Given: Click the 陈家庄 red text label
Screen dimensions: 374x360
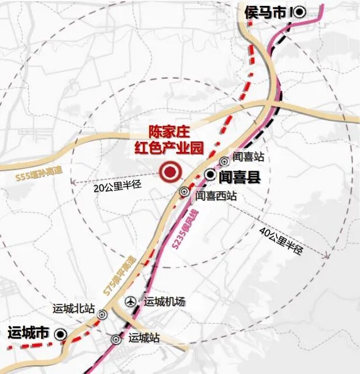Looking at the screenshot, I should pyautogui.click(x=169, y=132).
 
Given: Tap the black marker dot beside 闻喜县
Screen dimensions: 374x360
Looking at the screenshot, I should pyautogui.click(x=210, y=174).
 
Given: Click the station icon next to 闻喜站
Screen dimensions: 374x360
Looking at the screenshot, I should pyautogui.click(x=224, y=161).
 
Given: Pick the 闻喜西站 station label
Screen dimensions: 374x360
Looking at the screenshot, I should pyautogui.click(x=216, y=196).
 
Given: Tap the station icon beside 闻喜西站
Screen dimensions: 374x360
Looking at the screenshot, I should pyautogui.click(x=185, y=191).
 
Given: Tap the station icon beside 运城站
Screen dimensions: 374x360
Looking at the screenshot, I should pyautogui.click(x=116, y=339).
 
